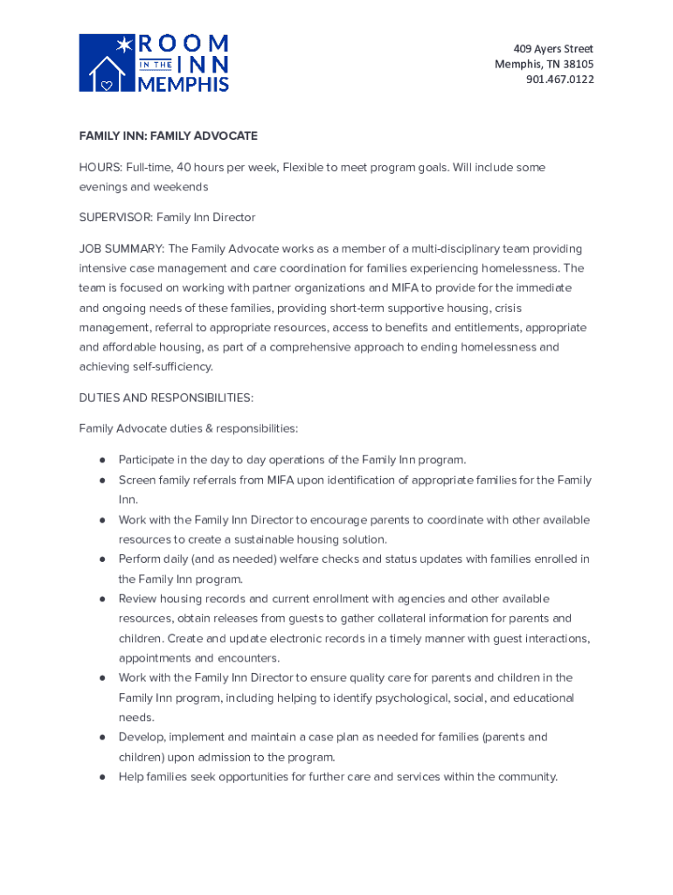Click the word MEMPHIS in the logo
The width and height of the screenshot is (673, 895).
pyautogui.click(x=184, y=84)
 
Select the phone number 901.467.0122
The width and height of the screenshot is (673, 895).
pyautogui.click(x=559, y=80)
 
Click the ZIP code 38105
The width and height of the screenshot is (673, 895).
pyautogui.click(x=577, y=64)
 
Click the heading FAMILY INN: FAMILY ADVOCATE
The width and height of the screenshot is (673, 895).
pyautogui.click(x=168, y=135)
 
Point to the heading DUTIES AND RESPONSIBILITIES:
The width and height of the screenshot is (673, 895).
pyautogui.click(x=166, y=398)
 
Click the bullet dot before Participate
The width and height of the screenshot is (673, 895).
pyautogui.click(x=102, y=460)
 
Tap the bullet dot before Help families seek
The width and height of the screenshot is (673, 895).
pyautogui.click(x=102, y=777)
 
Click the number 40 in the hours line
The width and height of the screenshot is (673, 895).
pyautogui.click(x=184, y=167)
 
